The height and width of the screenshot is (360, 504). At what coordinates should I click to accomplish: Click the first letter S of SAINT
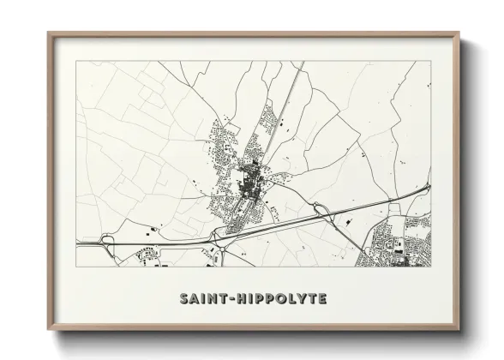[184, 299]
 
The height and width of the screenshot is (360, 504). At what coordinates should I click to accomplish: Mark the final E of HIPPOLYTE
[321, 299]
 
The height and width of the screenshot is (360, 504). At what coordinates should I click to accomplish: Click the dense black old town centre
[253, 181]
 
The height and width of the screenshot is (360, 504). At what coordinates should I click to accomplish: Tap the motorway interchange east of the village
[321, 211]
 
